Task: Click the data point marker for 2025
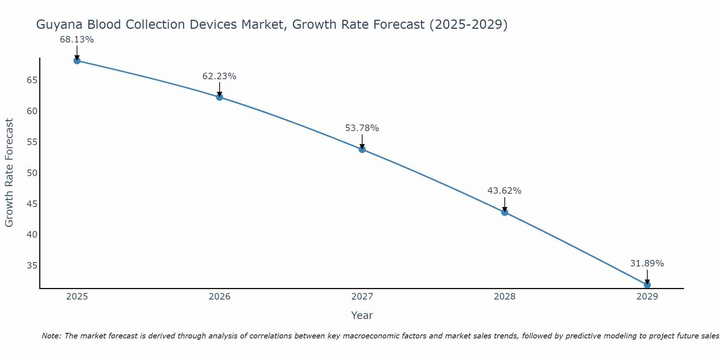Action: (77, 60)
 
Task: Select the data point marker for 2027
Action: (362, 149)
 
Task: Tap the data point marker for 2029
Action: (647, 285)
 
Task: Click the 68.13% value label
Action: (77, 40)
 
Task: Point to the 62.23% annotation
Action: (219, 76)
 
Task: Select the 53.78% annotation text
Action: (362, 128)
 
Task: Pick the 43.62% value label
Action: (504, 191)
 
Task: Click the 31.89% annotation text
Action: (647, 264)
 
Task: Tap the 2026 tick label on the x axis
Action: (220, 297)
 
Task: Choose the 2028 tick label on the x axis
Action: (504, 297)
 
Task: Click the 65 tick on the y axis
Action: (32, 80)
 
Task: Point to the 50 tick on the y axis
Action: (32, 173)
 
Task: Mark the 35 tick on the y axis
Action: (32, 266)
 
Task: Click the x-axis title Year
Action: (362, 315)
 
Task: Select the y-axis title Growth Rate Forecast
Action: (9, 173)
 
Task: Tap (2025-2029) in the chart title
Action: (468, 25)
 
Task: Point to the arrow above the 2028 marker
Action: (504, 204)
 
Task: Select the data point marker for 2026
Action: (219, 97)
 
